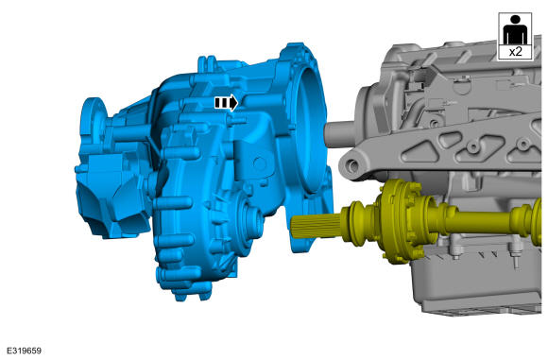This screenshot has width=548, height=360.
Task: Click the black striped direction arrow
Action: click(226, 103)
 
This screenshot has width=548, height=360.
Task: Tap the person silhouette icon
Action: click(515, 30)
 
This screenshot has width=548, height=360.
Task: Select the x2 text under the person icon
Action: click(515, 52)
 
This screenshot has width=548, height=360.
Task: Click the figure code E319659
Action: click(24, 351)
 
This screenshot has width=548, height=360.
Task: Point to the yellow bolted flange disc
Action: click(401, 221)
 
